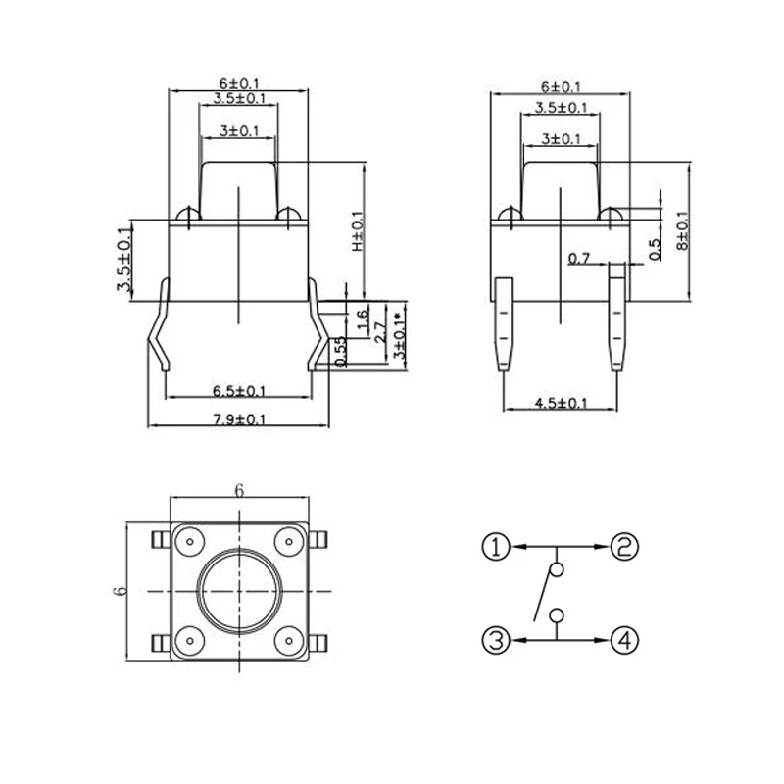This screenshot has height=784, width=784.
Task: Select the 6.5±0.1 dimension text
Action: (239, 390)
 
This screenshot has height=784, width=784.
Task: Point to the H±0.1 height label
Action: (358, 231)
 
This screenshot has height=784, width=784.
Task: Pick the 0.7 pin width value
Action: (579, 258)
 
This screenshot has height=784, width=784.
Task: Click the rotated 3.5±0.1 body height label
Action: (123, 260)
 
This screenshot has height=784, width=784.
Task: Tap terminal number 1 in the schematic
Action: (498, 546)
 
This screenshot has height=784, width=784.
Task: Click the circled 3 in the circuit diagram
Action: (498, 641)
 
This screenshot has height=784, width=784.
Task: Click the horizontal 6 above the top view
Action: (238, 490)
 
